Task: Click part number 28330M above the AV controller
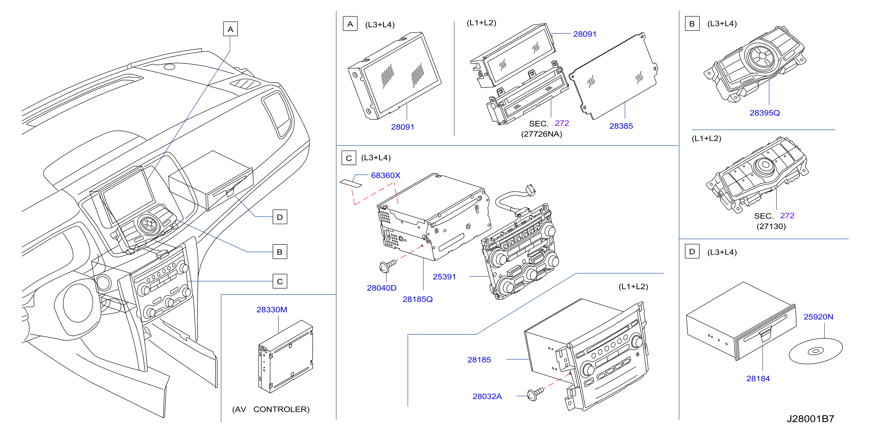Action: [x=271, y=310]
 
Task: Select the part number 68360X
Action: [x=385, y=175]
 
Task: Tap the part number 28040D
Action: [x=381, y=288]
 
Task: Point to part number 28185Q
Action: [x=417, y=299]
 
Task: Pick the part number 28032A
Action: [x=487, y=396]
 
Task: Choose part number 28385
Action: [x=621, y=126]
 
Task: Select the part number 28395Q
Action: [x=765, y=113]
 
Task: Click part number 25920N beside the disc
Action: [x=818, y=317]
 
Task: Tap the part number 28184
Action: [x=758, y=378]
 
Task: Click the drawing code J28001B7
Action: [x=810, y=419]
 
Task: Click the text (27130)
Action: [x=771, y=226]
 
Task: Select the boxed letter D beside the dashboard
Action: [x=280, y=217]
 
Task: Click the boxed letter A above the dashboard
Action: [x=230, y=29]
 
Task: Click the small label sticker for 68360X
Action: [x=350, y=183]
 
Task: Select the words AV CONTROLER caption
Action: [x=271, y=409]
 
